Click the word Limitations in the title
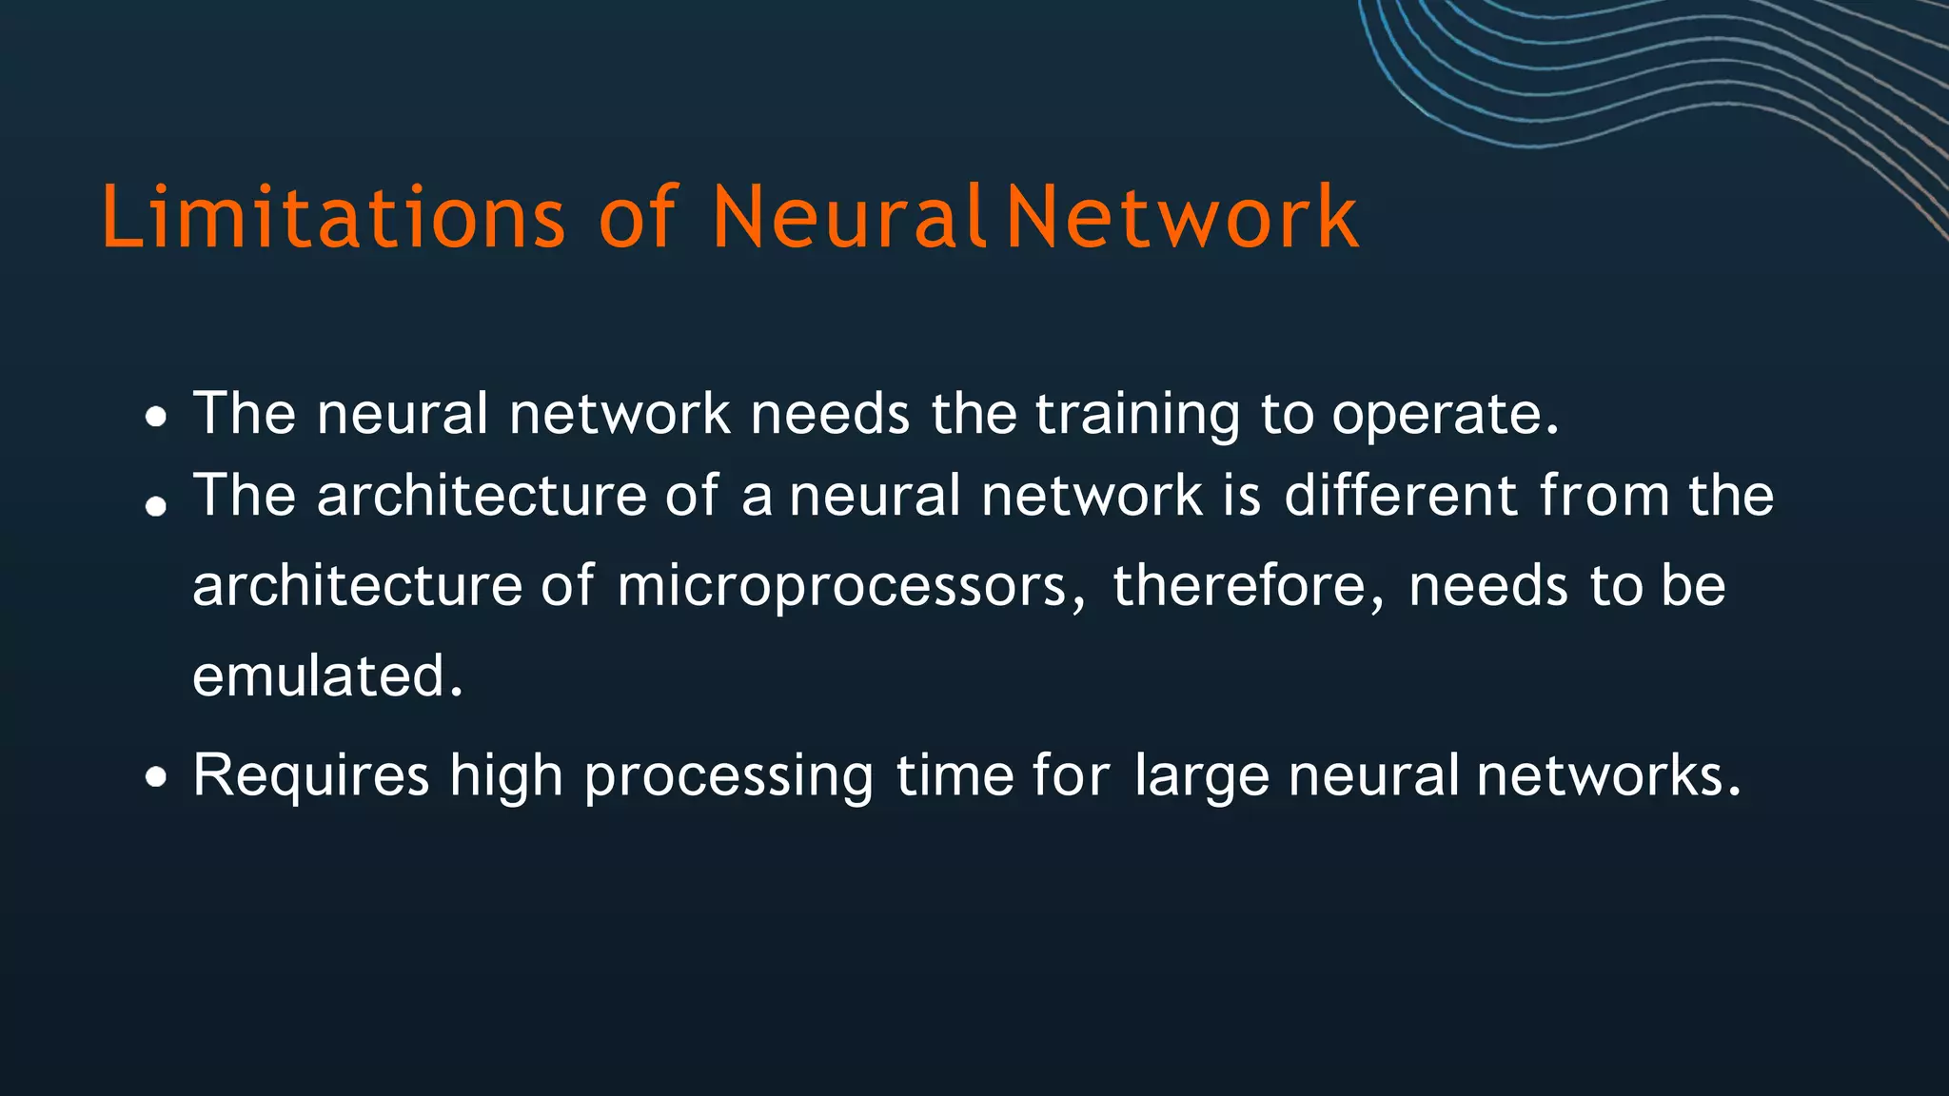point(333,218)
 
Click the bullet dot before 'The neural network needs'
point(157,417)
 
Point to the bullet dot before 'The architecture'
point(156,505)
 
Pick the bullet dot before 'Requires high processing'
point(156,778)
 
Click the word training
point(1137,415)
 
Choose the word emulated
point(326,675)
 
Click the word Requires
point(311,775)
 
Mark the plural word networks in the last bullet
point(1607,775)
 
